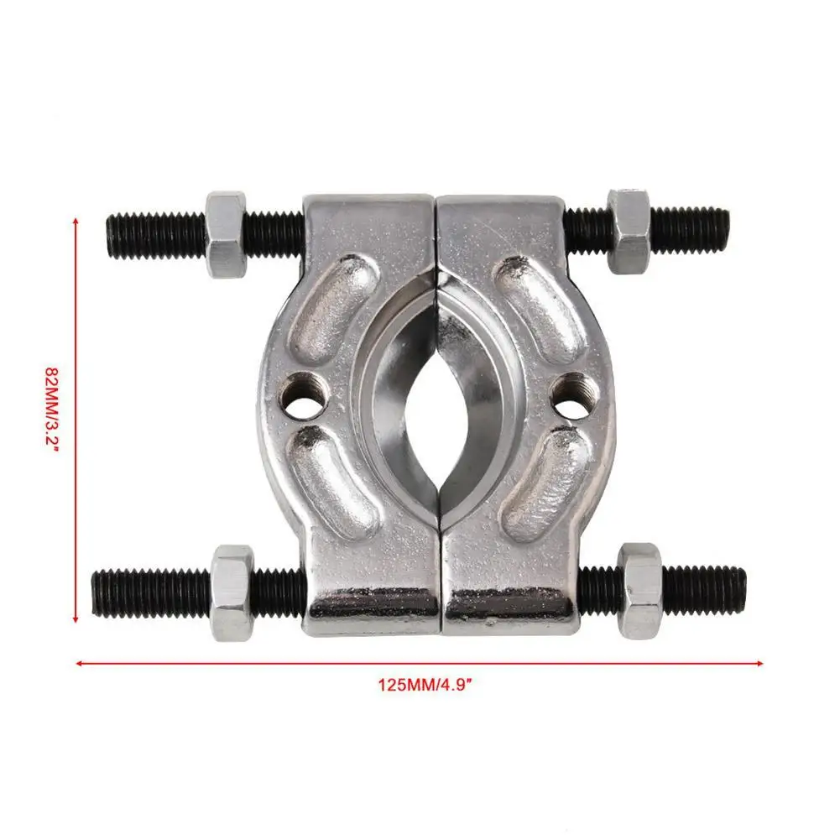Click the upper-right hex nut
pyautogui.click(x=628, y=230)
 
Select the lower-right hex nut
pyautogui.click(x=640, y=589)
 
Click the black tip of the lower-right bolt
pyautogui.click(x=741, y=590)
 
